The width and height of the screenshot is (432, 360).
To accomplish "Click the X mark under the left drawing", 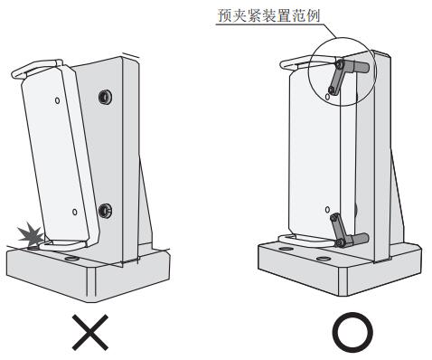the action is point(90,332).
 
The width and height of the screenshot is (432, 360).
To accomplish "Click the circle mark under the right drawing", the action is point(352,332).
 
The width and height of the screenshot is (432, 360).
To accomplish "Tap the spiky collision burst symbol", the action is point(31,234).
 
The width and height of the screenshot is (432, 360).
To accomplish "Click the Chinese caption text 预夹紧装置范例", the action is point(268,15).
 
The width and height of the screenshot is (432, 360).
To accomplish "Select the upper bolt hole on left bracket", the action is point(105,97).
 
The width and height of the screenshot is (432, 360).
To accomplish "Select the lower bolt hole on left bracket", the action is point(105,211).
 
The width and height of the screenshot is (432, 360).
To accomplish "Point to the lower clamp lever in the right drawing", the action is point(339,230).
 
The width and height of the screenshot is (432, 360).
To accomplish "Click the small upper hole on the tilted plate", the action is point(57,100).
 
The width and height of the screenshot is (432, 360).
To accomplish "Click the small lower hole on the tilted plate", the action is point(75,212).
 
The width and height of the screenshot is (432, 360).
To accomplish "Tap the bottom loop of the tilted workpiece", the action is point(61,246).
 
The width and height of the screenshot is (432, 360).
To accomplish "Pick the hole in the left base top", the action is point(71,259).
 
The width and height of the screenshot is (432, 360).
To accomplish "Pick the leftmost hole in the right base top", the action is point(286,250).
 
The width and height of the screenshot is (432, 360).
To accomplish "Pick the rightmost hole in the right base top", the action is point(324,259).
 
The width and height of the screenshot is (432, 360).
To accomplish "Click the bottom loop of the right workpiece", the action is point(305,242).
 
